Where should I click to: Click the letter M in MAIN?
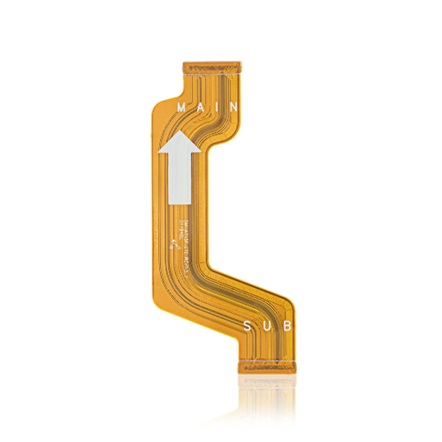point(182,107)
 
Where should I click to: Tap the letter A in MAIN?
point(199,107)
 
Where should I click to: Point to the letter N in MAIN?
point(233,107)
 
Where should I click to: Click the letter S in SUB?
point(248,327)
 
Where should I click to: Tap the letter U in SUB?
point(267,327)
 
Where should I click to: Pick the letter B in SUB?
point(287,327)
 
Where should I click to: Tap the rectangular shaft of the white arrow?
point(179,177)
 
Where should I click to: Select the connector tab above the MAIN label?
point(212,67)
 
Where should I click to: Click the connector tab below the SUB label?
point(266,366)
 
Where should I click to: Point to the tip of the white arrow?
point(179,131)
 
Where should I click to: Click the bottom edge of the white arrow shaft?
point(179,203)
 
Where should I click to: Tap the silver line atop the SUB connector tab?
point(266,361)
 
